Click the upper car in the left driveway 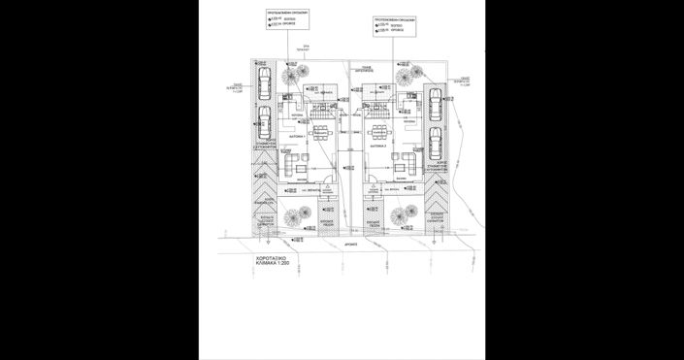pyautogui.click(x=263, y=78)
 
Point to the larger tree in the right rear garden pyautogui.click(x=403, y=71)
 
